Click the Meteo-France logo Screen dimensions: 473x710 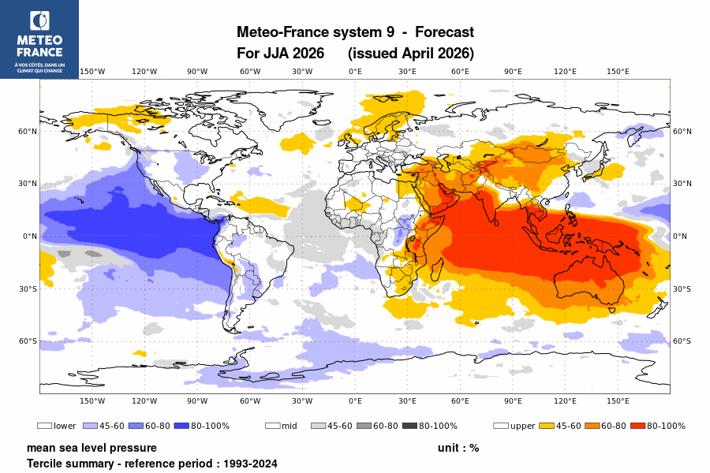39,39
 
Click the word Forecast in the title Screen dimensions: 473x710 444,32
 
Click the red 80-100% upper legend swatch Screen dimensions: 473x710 637,426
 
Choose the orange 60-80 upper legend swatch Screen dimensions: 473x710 592,426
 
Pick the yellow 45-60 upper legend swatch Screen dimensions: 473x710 546,426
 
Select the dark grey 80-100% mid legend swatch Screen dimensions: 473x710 409,426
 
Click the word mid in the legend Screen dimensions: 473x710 289,426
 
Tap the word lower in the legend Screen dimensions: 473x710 65,426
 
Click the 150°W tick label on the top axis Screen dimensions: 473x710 92,72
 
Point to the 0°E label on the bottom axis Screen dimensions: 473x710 355,400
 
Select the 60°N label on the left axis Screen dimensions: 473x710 28,132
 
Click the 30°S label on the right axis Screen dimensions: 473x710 683,289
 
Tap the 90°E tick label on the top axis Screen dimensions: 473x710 513,72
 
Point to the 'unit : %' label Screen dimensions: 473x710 458,448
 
